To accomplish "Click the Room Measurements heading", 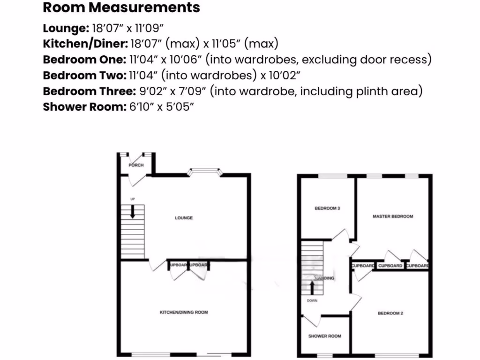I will [x=121, y=8].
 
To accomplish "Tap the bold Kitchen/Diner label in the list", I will [x=85, y=44].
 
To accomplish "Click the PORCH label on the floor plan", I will [x=136, y=165].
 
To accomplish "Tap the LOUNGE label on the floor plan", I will [x=184, y=218].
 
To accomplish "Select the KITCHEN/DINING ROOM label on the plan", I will [x=184, y=312].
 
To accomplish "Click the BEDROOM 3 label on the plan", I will [x=327, y=208].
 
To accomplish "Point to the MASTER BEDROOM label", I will [x=393, y=217].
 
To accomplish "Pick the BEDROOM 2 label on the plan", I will [x=390, y=313].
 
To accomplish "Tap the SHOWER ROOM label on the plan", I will [x=324, y=336].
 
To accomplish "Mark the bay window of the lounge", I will [x=204, y=172].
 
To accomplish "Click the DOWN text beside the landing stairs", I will [x=312, y=300].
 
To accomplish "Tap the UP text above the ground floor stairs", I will [x=133, y=200].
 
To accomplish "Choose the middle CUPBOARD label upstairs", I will [x=390, y=266].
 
